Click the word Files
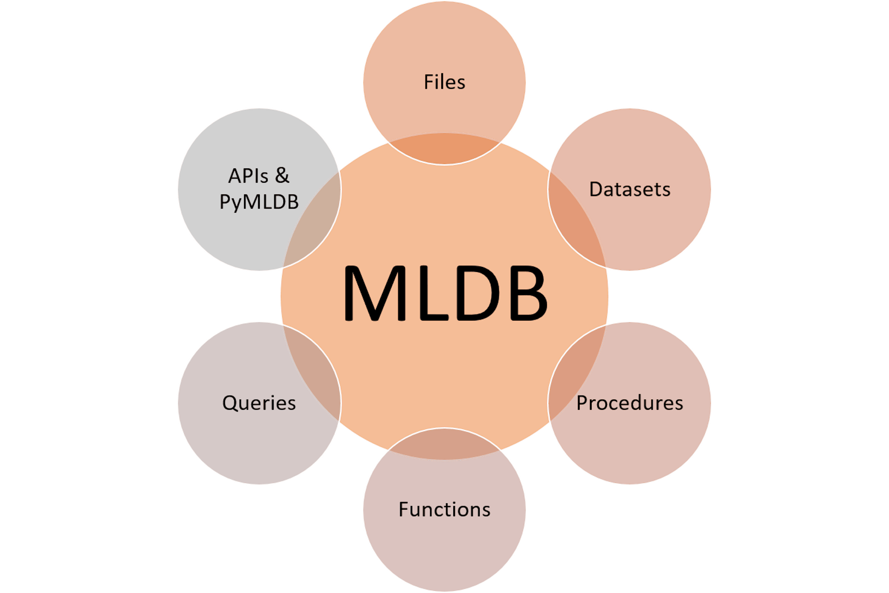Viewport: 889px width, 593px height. [x=444, y=82]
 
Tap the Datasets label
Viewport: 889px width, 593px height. [x=630, y=190]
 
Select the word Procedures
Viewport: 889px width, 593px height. [x=630, y=403]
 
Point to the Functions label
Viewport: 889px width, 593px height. [x=444, y=510]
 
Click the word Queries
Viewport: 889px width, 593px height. [x=259, y=403]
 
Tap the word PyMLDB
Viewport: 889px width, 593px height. [x=259, y=202]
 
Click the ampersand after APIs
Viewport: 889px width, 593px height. [x=282, y=176]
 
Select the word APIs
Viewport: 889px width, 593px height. [x=248, y=176]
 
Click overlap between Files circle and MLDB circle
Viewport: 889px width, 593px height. [x=444, y=149]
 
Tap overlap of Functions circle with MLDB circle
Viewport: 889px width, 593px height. [x=444, y=444]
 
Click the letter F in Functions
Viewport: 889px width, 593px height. [x=404, y=510]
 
